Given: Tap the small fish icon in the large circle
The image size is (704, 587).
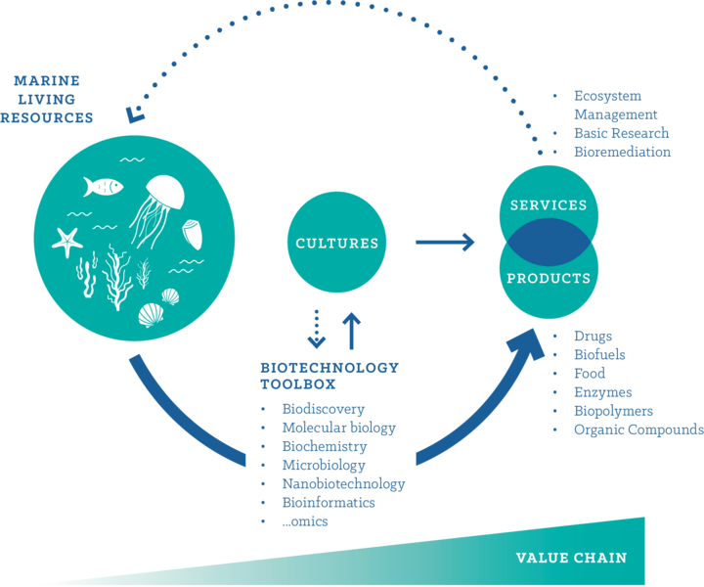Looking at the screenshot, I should pos(105,186).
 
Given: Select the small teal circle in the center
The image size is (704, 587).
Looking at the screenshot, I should pos(336,242).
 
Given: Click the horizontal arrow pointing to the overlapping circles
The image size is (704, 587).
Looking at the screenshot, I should pos(445,241).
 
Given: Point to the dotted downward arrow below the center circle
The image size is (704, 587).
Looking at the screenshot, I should pos(316,330).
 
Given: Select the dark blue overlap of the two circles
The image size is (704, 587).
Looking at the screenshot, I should pos(548,243).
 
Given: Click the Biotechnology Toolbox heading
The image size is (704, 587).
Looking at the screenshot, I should pos(329,376).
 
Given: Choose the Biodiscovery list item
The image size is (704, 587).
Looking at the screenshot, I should pos(323,409).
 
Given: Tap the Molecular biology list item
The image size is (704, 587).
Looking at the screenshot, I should pos(338,428).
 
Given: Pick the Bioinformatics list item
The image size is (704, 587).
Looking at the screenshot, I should pos(329,502).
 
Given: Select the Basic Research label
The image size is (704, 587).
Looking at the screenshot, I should pos(620,133).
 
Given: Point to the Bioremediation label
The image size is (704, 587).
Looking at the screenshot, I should pos(621,152).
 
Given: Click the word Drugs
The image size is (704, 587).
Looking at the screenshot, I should pos(593,336).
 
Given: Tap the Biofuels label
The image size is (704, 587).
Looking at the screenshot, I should pos(598,354).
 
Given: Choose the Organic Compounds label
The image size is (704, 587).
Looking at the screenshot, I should pos(638,429).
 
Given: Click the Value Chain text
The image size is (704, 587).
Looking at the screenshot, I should pos(571,558).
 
